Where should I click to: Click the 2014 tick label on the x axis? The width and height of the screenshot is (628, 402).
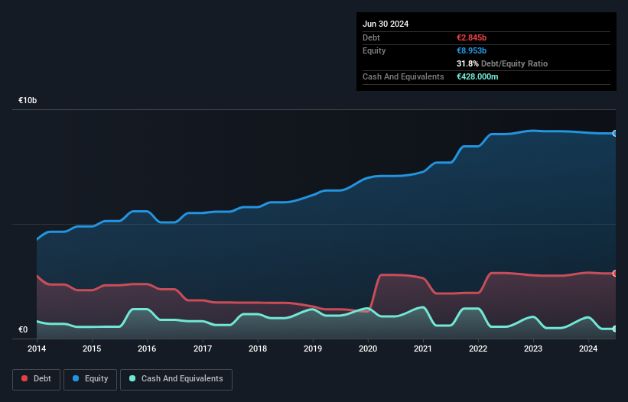(37, 349)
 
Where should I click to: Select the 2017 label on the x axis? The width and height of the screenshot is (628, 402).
(203, 349)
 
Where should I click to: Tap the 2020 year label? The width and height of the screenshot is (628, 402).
(368, 349)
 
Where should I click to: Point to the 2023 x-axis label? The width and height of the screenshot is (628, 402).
(533, 349)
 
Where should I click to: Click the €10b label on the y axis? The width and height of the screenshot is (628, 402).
(28, 100)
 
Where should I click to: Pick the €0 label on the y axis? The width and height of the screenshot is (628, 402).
(23, 330)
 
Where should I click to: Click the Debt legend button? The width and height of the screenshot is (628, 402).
(36, 378)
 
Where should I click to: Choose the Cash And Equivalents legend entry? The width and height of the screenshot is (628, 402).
(176, 378)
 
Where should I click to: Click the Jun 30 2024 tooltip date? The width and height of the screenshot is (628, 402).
(386, 24)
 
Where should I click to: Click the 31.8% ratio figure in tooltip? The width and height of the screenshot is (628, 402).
(469, 63)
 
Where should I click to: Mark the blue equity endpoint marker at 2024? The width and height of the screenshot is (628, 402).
(614, 134)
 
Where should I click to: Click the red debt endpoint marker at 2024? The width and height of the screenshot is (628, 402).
(614, 273)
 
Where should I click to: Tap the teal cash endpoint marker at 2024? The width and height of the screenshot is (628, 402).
(614, 329)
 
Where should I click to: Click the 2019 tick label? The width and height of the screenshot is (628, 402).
(313, 349)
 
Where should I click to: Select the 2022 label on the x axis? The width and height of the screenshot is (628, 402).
(478, 349)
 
